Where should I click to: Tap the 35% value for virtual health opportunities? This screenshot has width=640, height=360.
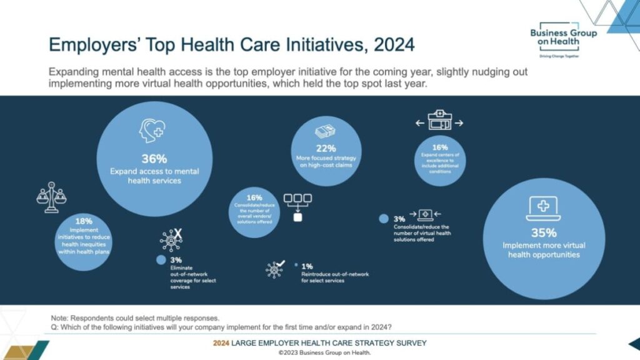pos(543,233)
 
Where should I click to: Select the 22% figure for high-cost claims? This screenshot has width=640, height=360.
pos(326,148)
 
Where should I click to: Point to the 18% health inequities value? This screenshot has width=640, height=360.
pos(84,221)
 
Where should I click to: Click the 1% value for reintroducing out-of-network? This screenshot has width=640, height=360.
pos(307,266)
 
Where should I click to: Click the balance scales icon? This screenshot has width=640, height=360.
pos(51,198)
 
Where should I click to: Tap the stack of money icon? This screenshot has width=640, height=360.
pos(326,131)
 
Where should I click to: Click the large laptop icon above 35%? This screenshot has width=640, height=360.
pos(542,209)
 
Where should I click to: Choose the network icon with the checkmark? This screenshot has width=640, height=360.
pos(276,268)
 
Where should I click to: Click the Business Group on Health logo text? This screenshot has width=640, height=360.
pos(562,37)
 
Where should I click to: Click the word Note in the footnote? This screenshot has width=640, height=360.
pos(61,317)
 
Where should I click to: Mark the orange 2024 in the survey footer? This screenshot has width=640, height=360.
pos(222,343)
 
